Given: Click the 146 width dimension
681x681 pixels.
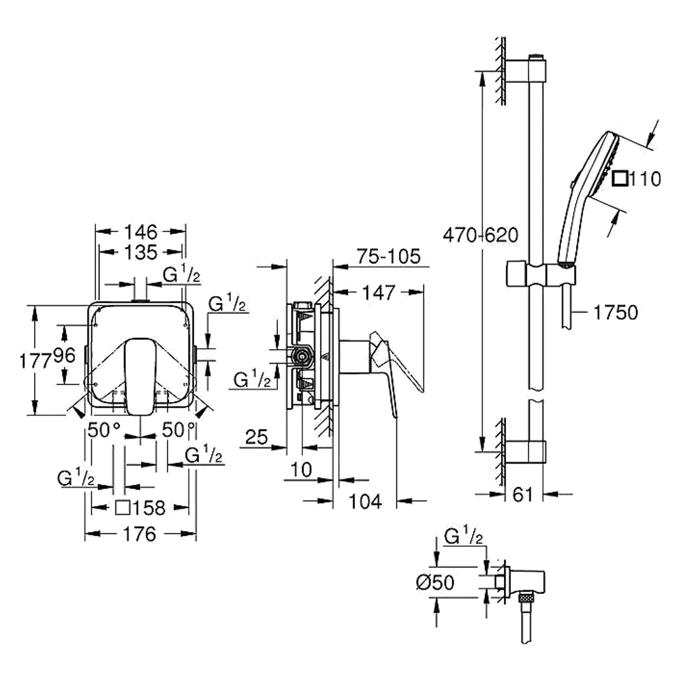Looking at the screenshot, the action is pyautogui.click(x=141, y=232).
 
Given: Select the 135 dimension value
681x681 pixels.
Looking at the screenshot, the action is pyautogui.click(x=141, y=252).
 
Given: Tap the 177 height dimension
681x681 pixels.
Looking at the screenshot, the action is pyautogui.click(x=36, y=360).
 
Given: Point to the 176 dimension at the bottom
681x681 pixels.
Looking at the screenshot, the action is pyautogui.click(x=140, y=534).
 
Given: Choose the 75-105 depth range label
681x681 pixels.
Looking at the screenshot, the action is pyautogui.click(x=389, y=256).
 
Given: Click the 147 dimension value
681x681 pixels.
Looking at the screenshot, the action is pyautogui.click(x=379, y=293).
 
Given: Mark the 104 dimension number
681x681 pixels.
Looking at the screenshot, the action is pyautogui.click(x=365, y=501).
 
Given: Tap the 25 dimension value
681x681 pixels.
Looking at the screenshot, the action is pyautogui.click(x=256, y=437).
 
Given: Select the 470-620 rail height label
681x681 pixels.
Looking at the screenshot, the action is pyautogui.click(x=481, y=236).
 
